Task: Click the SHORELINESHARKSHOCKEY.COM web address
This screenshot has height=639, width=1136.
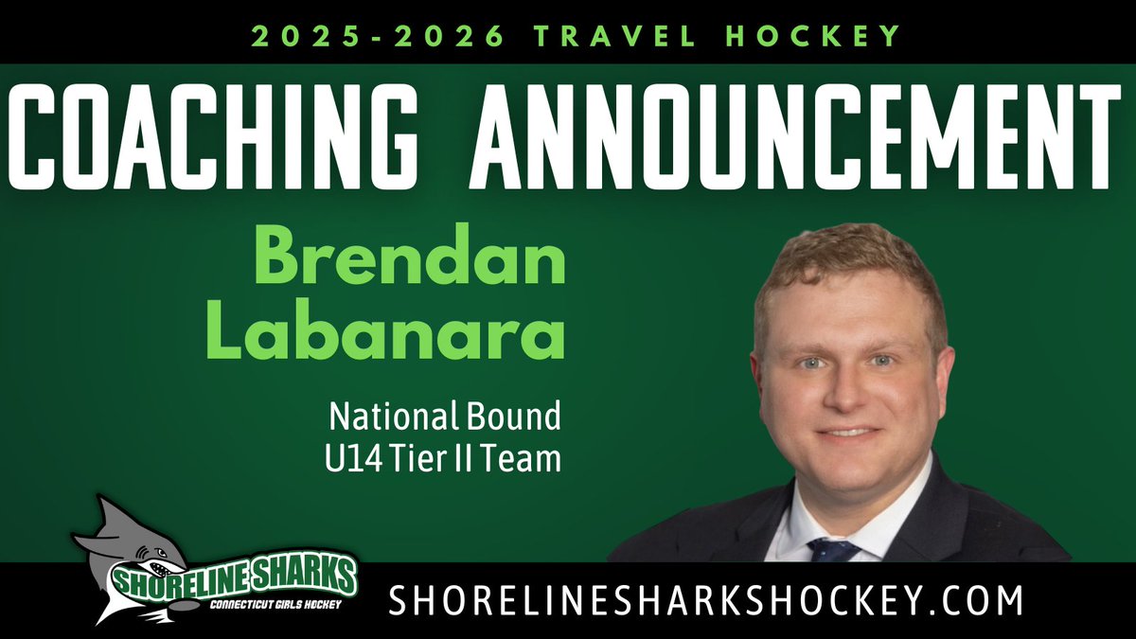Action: tap(706, 600)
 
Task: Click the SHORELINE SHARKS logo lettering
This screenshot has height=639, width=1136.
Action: tap(231, 575)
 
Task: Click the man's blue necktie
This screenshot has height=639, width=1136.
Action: tap(833, 550)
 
